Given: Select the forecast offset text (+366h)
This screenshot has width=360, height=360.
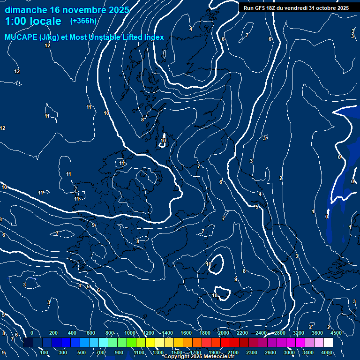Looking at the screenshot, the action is point(83,21).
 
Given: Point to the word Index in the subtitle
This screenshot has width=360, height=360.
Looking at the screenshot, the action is point(153,37).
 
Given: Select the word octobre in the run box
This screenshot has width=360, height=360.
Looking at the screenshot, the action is point(322,8).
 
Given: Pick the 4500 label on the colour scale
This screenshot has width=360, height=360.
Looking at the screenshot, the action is point(336,333).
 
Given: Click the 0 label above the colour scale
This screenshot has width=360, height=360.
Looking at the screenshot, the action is point(32,333).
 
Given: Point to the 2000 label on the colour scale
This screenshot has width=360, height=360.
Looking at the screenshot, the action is point(223,333).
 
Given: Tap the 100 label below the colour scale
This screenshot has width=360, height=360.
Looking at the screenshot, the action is point(44,352).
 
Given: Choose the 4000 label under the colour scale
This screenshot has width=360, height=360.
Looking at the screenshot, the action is point(327,352).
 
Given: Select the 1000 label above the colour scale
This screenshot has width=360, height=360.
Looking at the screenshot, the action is point(129,333).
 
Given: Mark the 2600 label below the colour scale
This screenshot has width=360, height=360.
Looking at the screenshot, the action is point(270,352).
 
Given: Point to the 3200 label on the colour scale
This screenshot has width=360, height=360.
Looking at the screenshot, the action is point(298,333).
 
